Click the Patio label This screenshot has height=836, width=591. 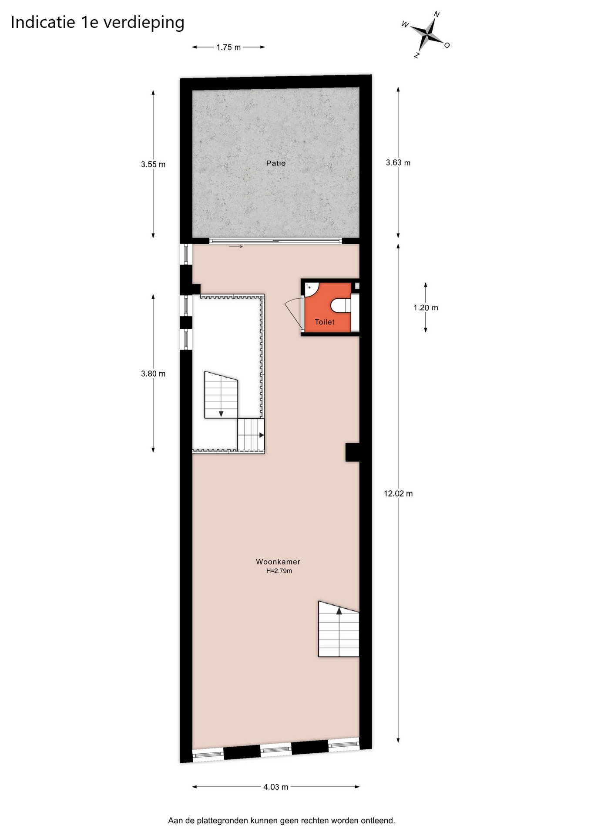tap(276, 163)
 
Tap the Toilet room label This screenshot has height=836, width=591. tap(325, 322)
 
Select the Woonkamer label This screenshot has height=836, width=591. tap(278, 562)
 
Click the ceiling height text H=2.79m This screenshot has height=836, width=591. tap(279, 571)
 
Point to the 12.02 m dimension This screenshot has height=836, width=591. tap(398, 493)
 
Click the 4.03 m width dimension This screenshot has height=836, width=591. tap(275, 787)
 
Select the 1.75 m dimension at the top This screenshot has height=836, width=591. tap(228, 47)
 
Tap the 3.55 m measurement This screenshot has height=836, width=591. tap(153, 164)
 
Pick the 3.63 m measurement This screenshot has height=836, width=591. tap(398, 162)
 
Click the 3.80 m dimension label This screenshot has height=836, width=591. tap(153, 374)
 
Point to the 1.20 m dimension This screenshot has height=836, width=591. tap(426, 307)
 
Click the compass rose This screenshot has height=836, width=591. tap(429, 34)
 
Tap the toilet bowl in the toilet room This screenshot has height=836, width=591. tap(341, 305)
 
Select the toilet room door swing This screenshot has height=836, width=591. tap(293, 313)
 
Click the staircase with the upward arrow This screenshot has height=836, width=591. tap(339, 629)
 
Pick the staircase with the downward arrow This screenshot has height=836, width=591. tap(221, 394)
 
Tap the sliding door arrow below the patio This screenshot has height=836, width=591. tap(236, 247)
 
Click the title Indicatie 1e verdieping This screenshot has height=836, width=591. tap(97, 23)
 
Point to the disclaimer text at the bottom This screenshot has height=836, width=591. tap(282, 821)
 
